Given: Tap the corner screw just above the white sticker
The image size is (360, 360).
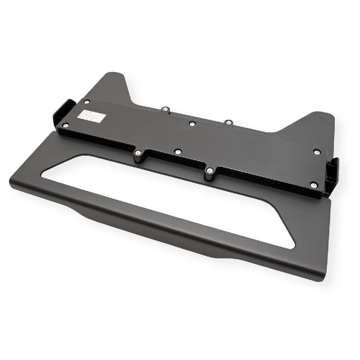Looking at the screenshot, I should coord(86,102).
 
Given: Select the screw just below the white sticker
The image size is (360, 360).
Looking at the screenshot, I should coord(66,125).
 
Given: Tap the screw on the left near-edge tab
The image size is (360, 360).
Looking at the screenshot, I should coord(138,153).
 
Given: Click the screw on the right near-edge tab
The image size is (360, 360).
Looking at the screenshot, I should coord(209,171).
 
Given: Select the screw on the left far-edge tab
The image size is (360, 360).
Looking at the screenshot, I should coord(165,108).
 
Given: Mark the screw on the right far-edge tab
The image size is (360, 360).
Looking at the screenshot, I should coord(228,121).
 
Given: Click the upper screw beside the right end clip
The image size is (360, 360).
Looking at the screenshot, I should coord(317,152).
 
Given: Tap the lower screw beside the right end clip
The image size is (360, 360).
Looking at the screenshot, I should coord(314,184).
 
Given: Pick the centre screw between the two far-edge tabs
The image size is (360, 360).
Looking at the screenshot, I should coord(192,123).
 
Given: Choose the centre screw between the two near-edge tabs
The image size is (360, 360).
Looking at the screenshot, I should coord(178,152).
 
